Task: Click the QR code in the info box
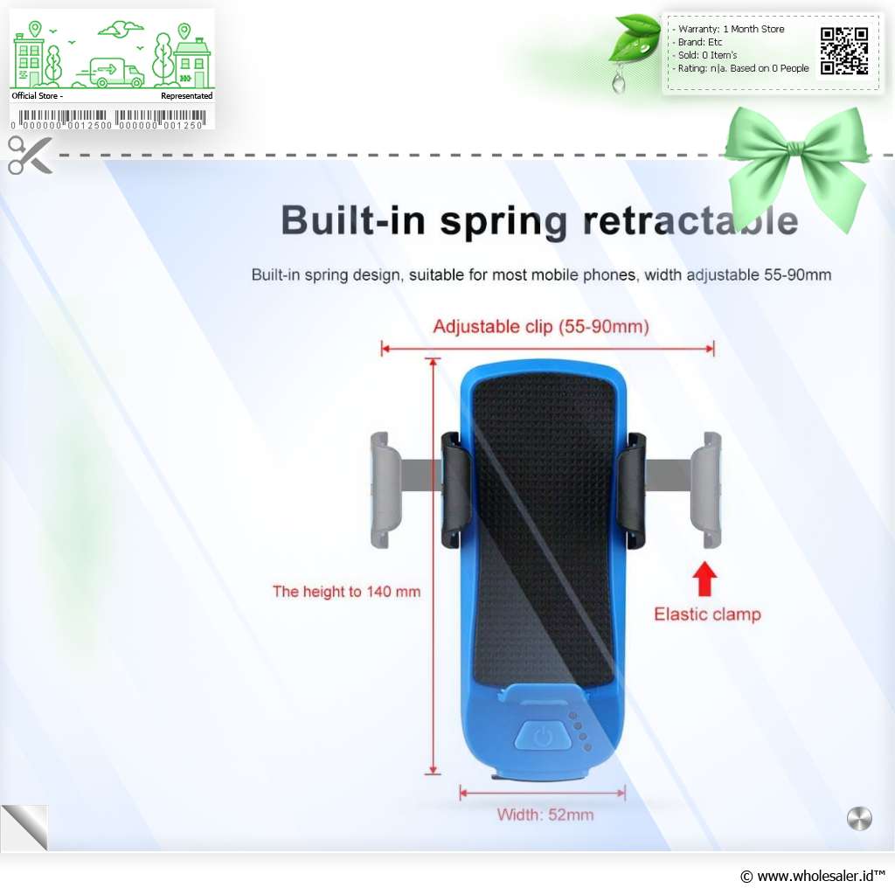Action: [x=844, y=52]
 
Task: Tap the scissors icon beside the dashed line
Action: [x=30, y=156]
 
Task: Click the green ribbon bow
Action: [x=796, y=166]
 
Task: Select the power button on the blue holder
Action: [x=543, y=736]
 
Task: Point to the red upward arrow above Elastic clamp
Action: [x=705, y=579]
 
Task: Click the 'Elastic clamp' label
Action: [x=707, y=614]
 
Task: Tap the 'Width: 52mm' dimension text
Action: [x=545, y=815]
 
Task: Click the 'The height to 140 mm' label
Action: [x=346, y=592]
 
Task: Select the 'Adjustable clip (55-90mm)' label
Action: [x=541, y=327]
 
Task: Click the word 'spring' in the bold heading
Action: [x=503, y=221]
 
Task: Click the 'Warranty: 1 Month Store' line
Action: [x=731, y=29]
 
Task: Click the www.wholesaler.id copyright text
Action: [x=812, y=876]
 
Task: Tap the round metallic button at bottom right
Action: [x=859, y=818]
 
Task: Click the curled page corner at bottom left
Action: [x=24, y=827]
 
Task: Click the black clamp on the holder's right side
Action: [x=631, y=491]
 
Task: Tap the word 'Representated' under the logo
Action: [x=187, y=96]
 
